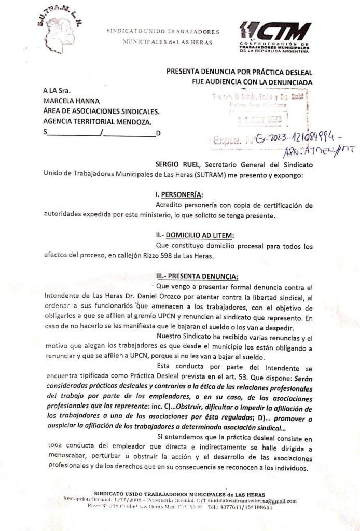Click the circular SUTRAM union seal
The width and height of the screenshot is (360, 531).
[63, 30]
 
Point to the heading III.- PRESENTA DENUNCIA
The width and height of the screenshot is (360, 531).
[197, 276]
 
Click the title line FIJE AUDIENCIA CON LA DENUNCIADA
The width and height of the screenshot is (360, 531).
[248, 82]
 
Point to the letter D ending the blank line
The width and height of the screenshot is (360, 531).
[158, 133]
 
